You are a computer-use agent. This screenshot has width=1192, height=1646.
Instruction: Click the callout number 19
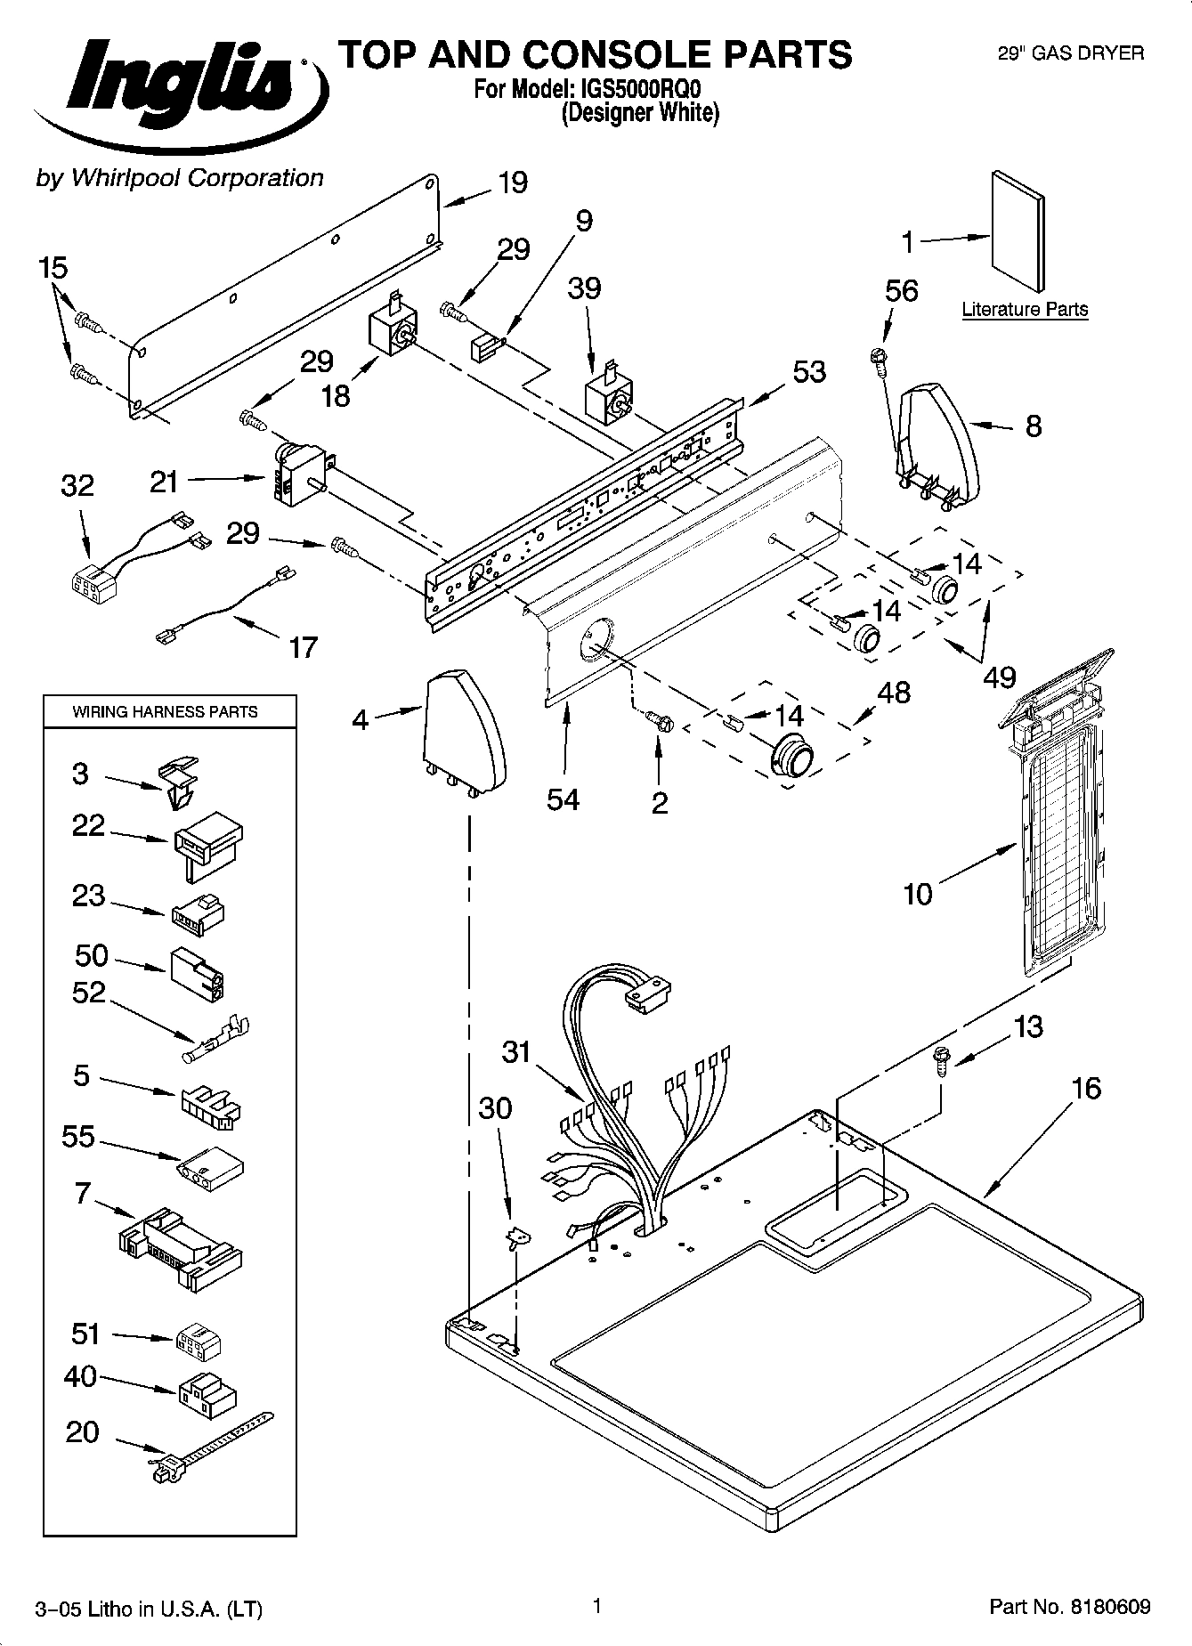(512, 183)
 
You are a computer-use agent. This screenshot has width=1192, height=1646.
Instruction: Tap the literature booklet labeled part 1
(1018, 231)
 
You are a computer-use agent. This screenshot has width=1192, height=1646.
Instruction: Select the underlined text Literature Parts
(1025, 310)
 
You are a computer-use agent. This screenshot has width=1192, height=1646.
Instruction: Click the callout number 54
(564, 799)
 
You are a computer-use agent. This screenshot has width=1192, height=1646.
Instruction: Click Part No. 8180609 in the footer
(1069, 1607)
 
